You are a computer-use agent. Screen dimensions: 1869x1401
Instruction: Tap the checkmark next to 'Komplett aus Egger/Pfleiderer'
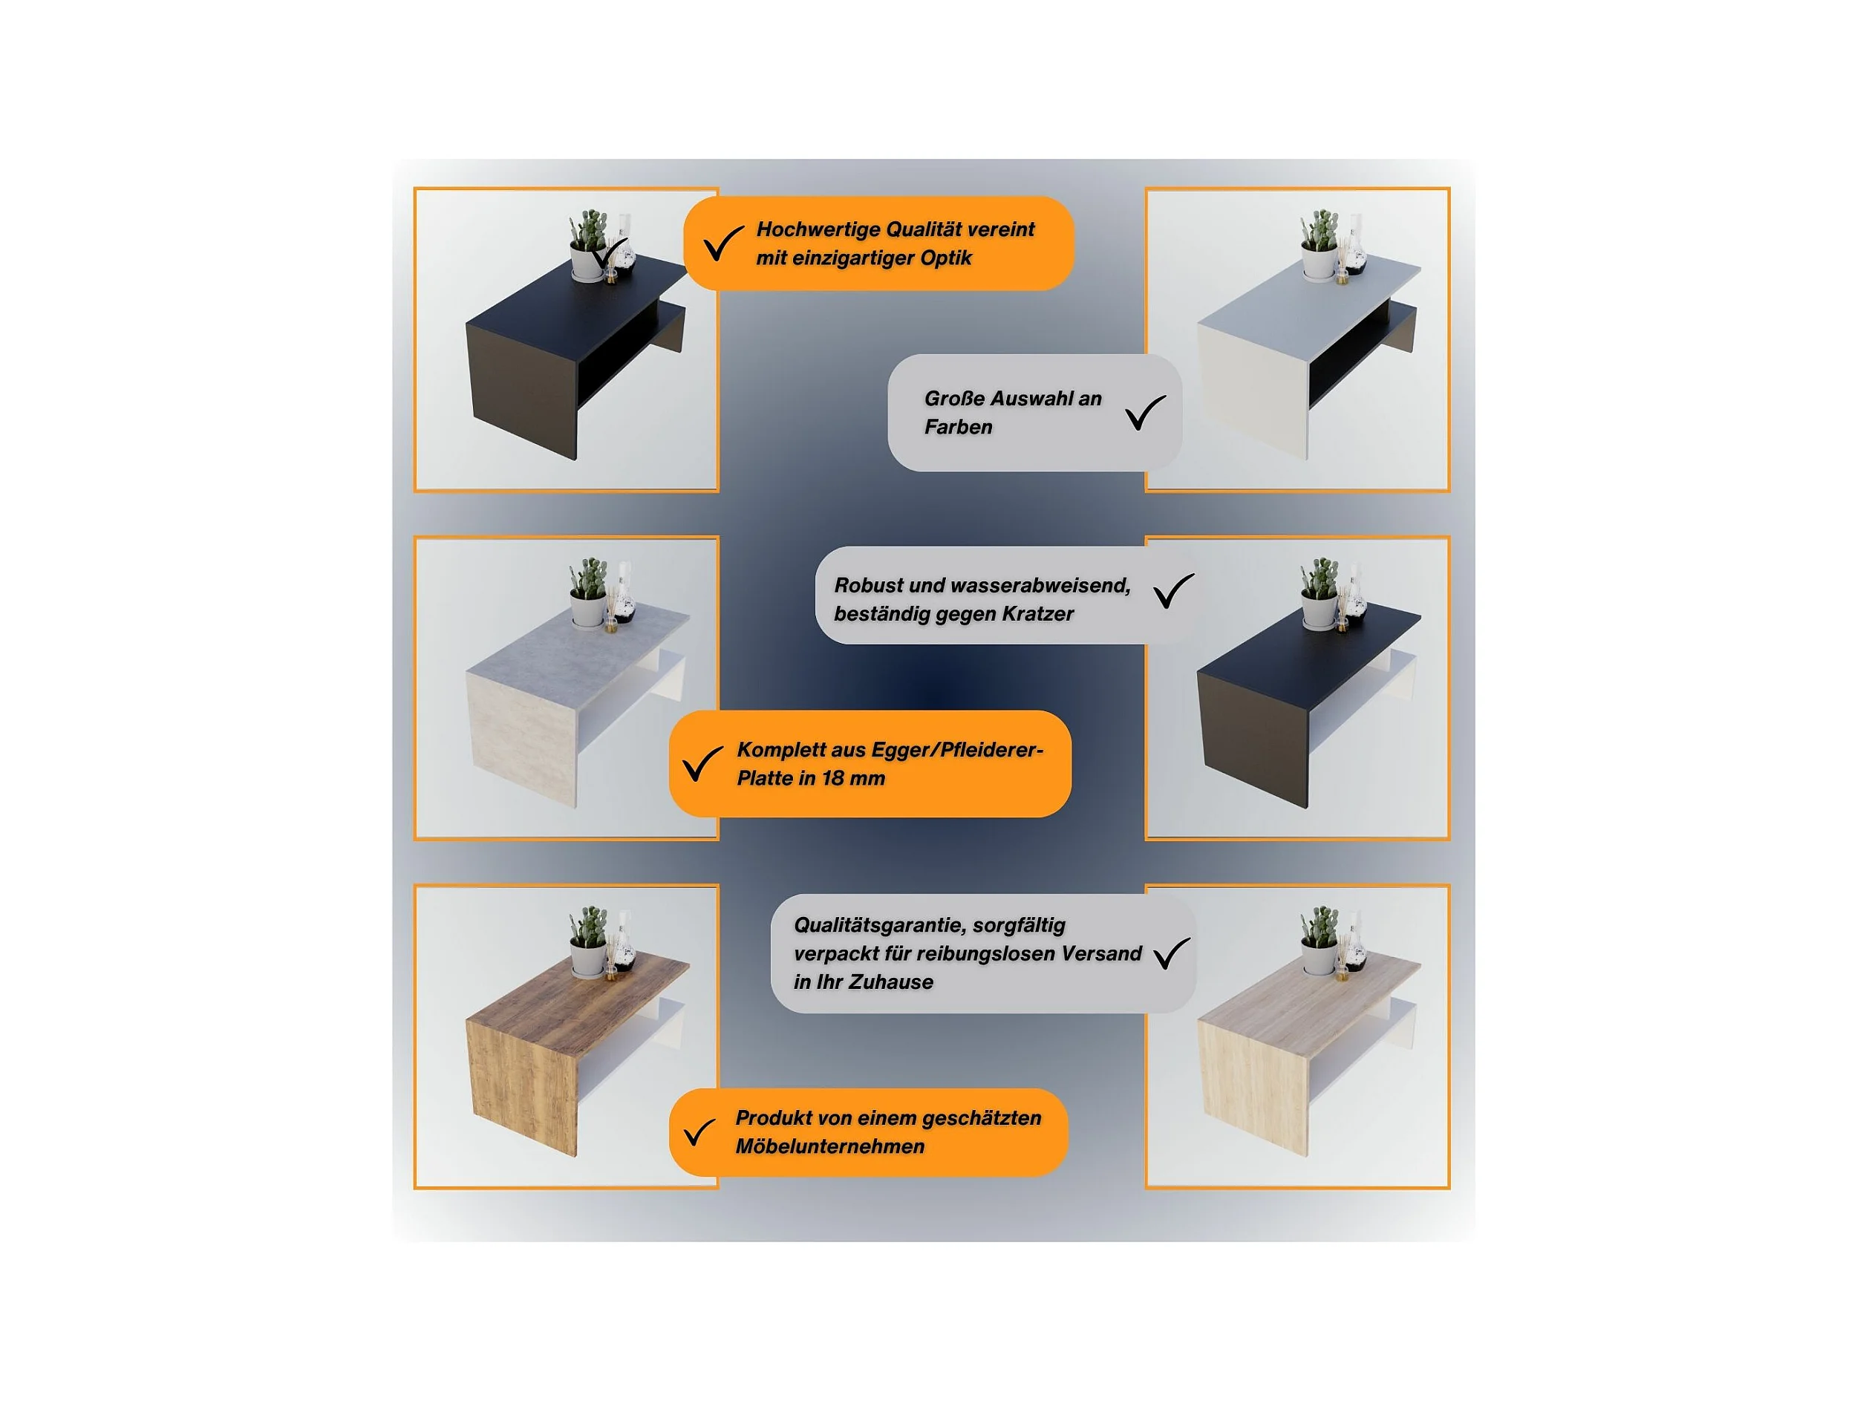702,763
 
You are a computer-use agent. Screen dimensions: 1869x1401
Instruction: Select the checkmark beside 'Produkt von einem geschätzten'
699,1132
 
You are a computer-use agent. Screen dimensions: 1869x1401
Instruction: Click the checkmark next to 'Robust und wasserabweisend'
1174,591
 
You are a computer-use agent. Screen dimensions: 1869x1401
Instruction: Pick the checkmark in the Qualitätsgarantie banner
1171,953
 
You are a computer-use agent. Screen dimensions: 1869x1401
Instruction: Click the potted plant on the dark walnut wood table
588,942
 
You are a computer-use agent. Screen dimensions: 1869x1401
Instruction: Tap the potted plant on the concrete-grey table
588,592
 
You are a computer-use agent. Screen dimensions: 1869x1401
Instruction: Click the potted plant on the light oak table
1319,942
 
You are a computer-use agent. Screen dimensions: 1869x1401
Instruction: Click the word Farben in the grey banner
958,428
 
